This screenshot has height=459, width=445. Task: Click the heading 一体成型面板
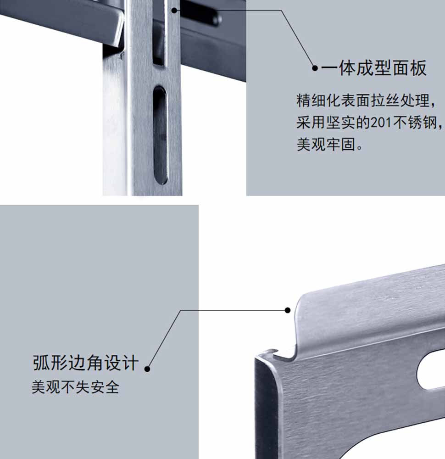click(373, 68)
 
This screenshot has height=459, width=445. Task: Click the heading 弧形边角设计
click(85, 363)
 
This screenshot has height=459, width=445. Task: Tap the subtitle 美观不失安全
click(75, 387)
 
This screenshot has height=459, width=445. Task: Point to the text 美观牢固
click(326, 144)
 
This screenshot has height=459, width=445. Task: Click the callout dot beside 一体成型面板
click(315, 68)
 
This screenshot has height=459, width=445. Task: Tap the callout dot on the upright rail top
click(174, 11)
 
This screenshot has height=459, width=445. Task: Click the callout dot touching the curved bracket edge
click(288, 310)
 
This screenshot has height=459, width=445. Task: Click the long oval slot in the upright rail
click(160, 135)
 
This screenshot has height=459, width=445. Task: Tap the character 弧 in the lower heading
click(41, 363)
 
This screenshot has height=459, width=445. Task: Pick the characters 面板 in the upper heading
click(409, 68)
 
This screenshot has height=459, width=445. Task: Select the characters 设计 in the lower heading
click(122, 363)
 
